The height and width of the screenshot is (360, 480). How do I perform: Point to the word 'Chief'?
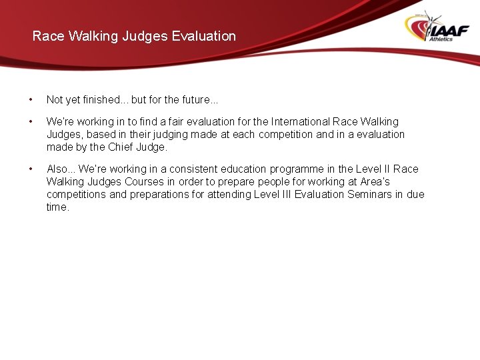121,147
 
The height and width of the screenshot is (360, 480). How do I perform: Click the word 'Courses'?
145,182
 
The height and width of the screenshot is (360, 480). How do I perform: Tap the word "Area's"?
375,182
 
